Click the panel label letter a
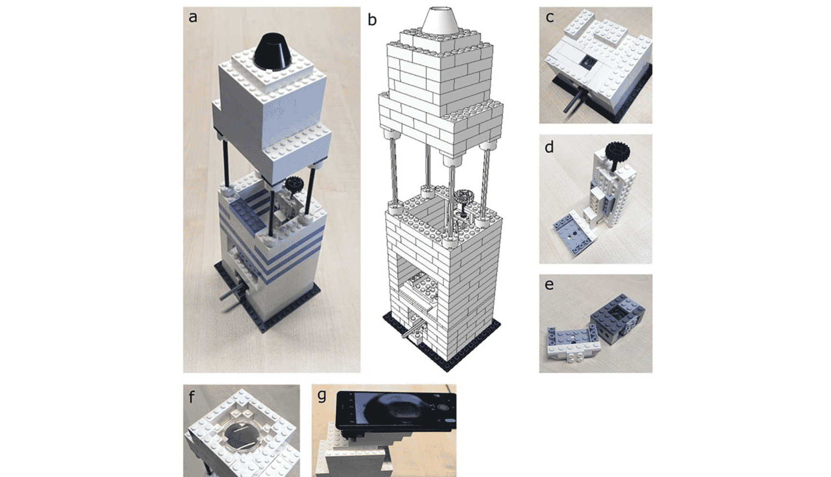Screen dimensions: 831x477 pos(193,17)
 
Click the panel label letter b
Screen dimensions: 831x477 pos(372,19)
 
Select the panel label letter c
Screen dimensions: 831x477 pos(550,17)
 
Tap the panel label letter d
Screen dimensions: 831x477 pos(549,147)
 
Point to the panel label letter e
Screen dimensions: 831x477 pos(549,284)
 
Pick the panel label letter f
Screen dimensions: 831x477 pos(192,397)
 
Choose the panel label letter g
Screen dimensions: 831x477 pos(322,396)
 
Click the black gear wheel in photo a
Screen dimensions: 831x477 pos(292,184)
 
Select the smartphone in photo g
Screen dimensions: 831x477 pos(396,411)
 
